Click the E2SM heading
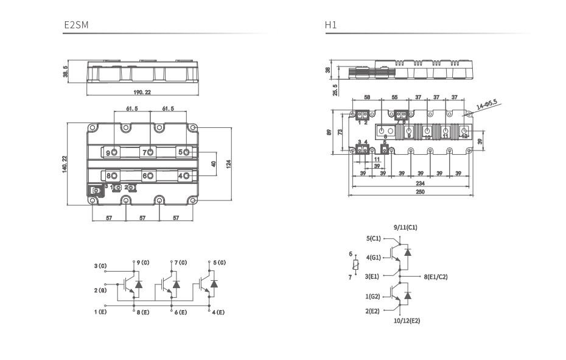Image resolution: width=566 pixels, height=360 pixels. pos(76,26)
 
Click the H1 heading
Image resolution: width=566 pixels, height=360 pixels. pos(330,26)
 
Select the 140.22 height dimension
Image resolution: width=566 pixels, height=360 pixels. pos(65,163)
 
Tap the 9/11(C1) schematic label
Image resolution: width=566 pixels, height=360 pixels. pos(405,227)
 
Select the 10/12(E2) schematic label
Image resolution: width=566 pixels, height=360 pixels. pos(407,320)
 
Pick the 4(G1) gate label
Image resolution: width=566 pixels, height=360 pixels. pos(373,257)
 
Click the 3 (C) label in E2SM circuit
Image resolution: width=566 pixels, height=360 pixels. pos(100,266)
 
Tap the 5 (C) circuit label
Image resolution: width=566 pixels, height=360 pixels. pos(218,263)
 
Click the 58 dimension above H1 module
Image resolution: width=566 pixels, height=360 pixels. pos(366,97)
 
